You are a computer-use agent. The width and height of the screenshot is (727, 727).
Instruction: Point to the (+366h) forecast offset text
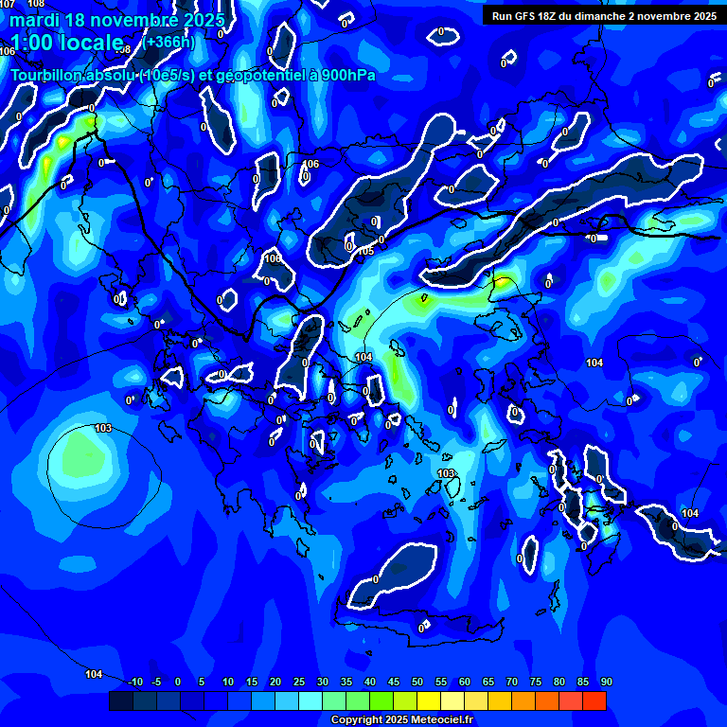click(x=169, y=42)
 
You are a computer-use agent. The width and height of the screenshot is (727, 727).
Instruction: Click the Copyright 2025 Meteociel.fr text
click(x=401, y=720)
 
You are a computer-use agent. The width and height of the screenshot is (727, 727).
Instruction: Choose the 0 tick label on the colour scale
click(x=178, y=682)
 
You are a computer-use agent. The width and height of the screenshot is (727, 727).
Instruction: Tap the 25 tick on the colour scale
click(x=299, y=682)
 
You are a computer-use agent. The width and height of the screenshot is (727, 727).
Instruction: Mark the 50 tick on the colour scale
click(x=417, y=682)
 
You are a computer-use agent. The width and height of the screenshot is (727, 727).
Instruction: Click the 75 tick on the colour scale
click(x=536, y=682)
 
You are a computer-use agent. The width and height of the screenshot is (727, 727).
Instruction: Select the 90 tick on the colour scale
click(x=607, y=682)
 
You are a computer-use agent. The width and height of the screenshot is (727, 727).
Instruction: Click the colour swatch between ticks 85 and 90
click(x=594, y=700)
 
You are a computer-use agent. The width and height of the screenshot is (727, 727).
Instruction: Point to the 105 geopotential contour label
click(x=365, y=251)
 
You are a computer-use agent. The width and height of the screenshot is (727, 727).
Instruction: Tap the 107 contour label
click(x=8, y=5)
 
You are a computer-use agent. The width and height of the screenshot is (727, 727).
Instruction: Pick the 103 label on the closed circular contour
click(x=103, y=429)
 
